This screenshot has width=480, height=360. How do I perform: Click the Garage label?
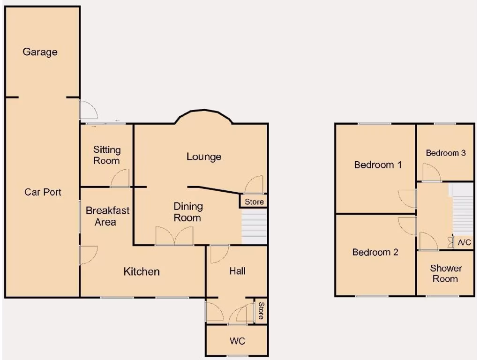click(x=40, y=52)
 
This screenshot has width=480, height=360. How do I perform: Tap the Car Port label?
click(x=43, y=192)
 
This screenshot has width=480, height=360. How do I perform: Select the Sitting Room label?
click(x=106, y=155)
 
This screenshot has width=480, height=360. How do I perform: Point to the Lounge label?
click(x=204, y=157)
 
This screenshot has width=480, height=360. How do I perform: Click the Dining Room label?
click(x=188, y=212)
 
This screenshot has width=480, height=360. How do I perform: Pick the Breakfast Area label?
click(x=107, y=216)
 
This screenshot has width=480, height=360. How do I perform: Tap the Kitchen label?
click(x=142, y=271)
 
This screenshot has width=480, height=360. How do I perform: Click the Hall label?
click(x=237, y=271)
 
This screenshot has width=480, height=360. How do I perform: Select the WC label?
click(x=237, y=341)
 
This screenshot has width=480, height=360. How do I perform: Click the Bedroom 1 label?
click(x=378, y=165)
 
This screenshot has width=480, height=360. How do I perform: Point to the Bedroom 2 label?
click(x=375, y=252)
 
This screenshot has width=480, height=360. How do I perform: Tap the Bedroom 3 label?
click(x=446, y=153)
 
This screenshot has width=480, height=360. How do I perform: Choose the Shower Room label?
click(x=445, y=273)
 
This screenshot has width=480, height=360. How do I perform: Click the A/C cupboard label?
click(x=465, y=243)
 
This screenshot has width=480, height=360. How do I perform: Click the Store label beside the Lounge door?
click(x=255, y=202)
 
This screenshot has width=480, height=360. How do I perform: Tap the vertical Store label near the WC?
click(x=261, y=311)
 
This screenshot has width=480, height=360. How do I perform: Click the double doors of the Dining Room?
click(x=174, y=236)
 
